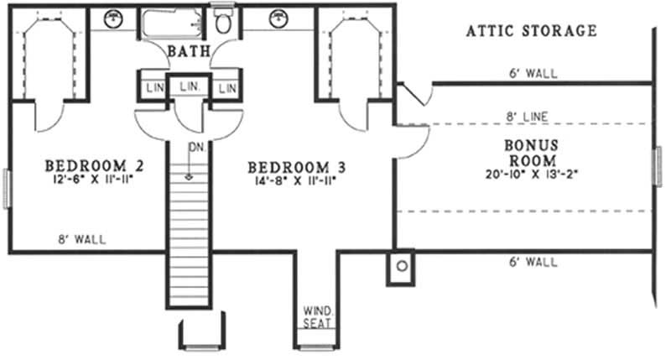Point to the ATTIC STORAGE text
(x=532, y=31)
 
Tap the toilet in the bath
(x=222, y=23)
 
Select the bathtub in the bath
(x=172, y=23)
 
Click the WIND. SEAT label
(x=317, y=318)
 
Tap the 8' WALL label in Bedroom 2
(x=83, y=240)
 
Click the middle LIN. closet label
(x=189, y=86)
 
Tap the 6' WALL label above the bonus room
(x=532, y=73)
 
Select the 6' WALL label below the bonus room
(x=532, y=262)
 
